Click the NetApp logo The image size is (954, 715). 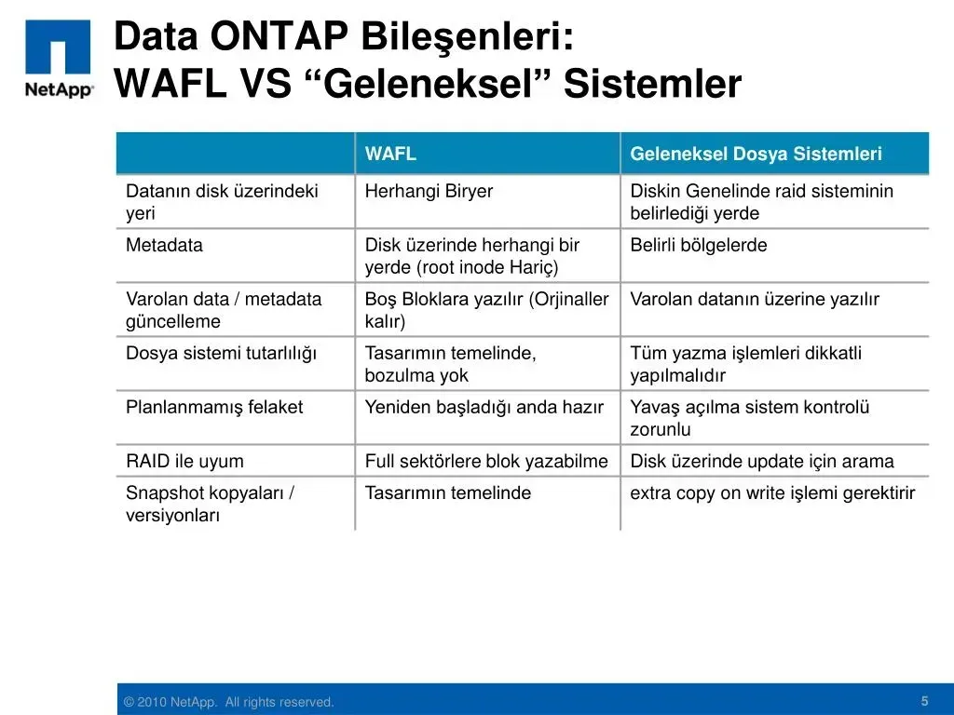pos(59,59)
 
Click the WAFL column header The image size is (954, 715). pos(390,154)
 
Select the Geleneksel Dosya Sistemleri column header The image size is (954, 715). pos(756,154)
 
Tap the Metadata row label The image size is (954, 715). pos(164,245)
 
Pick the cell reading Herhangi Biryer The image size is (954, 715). pos(429,191)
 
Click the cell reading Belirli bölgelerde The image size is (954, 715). pos(699,245)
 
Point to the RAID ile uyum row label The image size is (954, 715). pos(185,461)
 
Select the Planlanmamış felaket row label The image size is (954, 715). pos(214,407)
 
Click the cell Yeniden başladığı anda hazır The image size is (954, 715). pos(484,407)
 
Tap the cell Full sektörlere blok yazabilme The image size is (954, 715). pos(486,461)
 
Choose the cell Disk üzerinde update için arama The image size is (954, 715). pos(762,461)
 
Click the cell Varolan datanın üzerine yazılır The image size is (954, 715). pos(755,299)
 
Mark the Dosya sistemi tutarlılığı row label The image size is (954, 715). pos(222,353)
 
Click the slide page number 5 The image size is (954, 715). pos(925,701)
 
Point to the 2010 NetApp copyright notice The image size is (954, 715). pos(229,702)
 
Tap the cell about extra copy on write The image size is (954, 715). pos(772,493)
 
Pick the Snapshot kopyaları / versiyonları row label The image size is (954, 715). pos(210,504)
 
